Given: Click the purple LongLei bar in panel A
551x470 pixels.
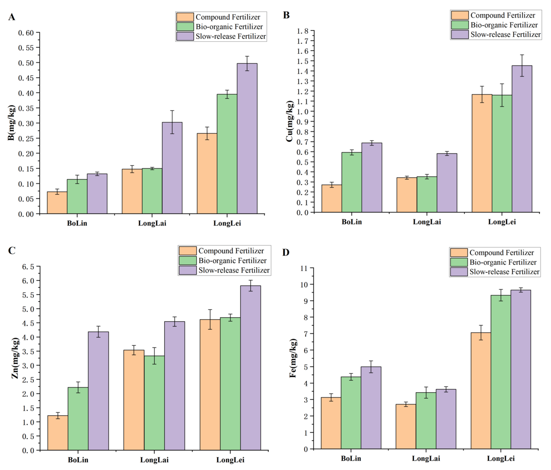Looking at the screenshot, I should click(247, 138).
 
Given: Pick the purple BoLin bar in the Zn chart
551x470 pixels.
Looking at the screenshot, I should click(98, 391).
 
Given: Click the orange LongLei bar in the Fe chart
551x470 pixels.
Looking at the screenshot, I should click(481, 391).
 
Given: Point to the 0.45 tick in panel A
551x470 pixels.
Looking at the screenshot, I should click(26, 78).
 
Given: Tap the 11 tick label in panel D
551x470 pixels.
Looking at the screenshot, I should click(304, 268).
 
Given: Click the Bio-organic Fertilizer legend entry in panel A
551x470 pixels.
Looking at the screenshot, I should click(229, 27).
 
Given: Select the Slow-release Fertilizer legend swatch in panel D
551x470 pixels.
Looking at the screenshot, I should click(459, 272).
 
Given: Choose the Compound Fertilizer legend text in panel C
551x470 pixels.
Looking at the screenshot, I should click(231, 251).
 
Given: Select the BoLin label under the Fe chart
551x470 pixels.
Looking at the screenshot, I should click(351, 458).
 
